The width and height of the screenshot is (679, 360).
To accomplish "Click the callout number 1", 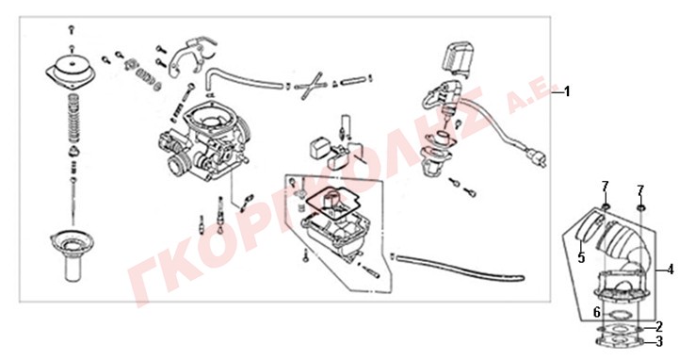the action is click(x=567, y=91).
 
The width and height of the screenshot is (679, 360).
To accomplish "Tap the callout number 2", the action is click(x=659, y=327).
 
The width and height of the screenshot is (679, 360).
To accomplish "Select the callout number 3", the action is click(x=659, y=342).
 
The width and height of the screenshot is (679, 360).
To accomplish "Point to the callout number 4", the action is click(x=671, y=270).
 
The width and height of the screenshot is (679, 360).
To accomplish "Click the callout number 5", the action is click(x=581, y=258).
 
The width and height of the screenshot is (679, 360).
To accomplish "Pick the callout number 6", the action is click(x=597, y=312).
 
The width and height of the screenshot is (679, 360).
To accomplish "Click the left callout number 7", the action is click(x=605, y=187).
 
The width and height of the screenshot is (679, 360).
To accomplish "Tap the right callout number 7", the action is click(x=640, y=190).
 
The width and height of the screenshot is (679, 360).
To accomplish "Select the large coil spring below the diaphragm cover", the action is click(x=74, y=118).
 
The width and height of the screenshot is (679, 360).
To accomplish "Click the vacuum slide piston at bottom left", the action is click(x=71, y=254).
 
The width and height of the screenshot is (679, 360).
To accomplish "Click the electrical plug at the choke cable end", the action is click(x=536, y=158).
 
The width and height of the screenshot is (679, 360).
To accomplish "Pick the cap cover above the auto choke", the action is click(x=458, y=58).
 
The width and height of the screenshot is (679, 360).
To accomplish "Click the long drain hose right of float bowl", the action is click(x=459, y=269).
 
